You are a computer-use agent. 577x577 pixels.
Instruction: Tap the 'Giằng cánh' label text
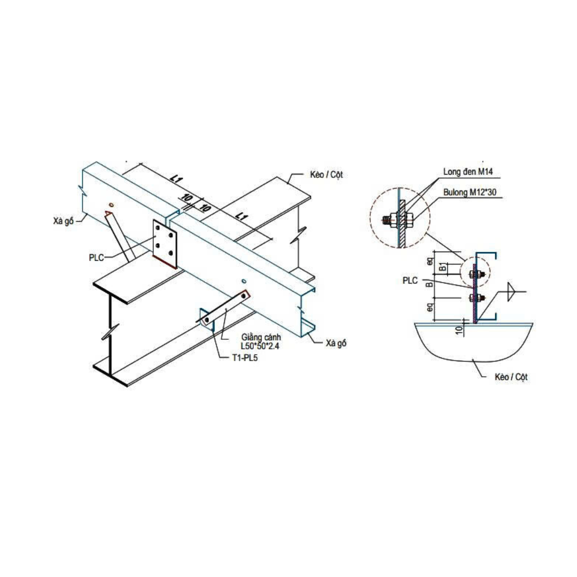pos(260,338)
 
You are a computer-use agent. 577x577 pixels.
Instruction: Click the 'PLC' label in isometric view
pos(97,257)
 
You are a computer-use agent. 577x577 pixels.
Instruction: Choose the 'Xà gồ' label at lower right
pos(336,343)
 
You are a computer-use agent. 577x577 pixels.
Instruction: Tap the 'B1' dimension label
pos(442,267)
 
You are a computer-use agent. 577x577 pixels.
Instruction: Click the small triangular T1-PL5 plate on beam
pos(204,316)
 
